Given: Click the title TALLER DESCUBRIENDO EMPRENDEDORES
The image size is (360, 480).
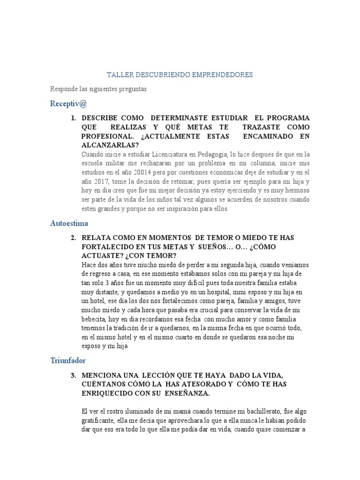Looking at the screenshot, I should [x=180, y=75].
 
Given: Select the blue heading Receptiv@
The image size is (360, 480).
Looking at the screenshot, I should [x=68, y=103].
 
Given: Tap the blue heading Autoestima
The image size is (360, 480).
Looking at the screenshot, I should [x=69, y=223].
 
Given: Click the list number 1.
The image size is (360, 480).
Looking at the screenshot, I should [x=74, y=118].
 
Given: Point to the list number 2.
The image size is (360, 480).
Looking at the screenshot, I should [x=74, y=238].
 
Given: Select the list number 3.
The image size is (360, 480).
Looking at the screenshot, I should [x=74, y=375].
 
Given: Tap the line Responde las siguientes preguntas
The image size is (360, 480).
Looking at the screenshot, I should [x=99, y=89].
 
